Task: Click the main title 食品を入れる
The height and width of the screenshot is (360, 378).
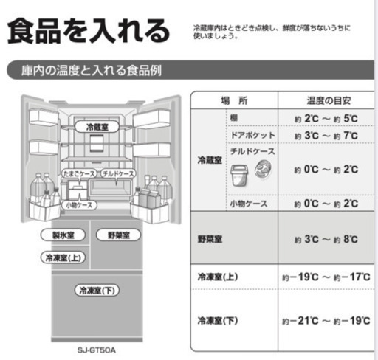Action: (x=89, y=31)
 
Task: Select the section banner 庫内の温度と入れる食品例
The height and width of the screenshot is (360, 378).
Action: (x=92, y=70)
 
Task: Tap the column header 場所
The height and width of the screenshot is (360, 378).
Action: (x=234, y=100)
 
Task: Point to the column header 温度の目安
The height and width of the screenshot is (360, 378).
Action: (x=329, y=100)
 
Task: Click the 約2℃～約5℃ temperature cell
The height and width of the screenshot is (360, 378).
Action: (x=326, y=119)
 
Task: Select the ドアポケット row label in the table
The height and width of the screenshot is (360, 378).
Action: (x=252, y=135)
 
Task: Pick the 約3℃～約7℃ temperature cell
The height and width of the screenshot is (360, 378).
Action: (x=326, y=136)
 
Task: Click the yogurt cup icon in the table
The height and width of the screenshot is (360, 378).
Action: (x=239, y=175)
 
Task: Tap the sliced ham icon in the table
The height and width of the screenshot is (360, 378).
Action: (x=263, y=169)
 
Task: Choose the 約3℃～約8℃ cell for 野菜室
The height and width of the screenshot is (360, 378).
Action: (x=326, y=239)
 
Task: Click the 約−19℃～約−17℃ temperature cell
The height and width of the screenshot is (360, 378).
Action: (x=326, y=277)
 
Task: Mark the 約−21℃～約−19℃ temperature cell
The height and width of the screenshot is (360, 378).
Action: (x=326, y=321)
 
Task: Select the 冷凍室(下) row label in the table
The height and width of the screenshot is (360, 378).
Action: (x=218, y=321)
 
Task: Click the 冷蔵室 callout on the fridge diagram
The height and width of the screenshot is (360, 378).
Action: (x=97, y=127)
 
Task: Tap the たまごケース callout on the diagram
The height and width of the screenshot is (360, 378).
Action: (x=79, y=173)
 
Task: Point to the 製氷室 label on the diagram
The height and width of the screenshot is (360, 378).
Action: (x=63, y=235)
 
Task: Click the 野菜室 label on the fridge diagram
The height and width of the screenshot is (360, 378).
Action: (x=118, y=235)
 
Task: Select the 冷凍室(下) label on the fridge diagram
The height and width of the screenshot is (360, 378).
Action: (x=97, y=291)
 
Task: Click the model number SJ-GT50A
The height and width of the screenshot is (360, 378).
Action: (x=97, y=350)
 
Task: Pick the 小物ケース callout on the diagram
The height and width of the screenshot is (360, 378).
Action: (x=79, y=205)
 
